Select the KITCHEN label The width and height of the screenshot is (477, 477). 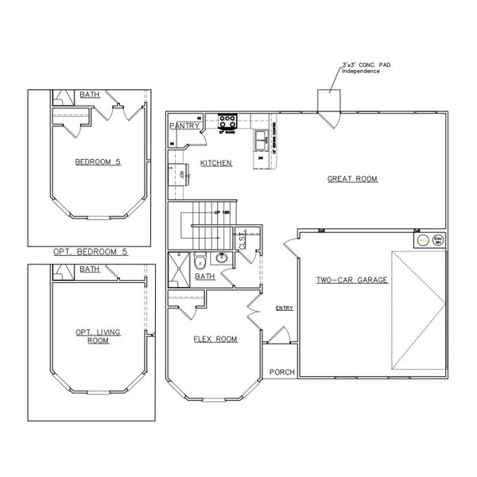(215, 163)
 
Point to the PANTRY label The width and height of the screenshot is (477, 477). (184, 126)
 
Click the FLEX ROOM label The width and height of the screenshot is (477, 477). (215, 339)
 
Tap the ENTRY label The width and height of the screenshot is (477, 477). (283, 308)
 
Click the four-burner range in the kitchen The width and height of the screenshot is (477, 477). (228, 122)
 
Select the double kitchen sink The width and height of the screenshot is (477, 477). (262, 141)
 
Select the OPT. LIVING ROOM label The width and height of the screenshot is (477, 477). (98, 335)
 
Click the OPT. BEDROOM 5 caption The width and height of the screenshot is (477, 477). (90, 251)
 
